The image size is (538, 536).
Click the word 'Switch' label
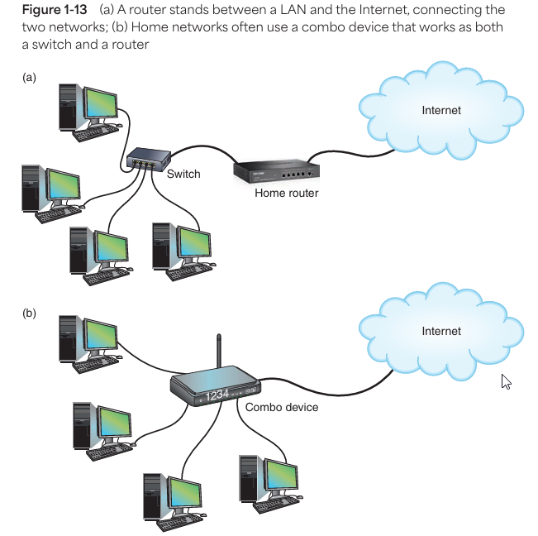183,175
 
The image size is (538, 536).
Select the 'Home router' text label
287,193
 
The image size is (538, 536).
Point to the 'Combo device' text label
282,407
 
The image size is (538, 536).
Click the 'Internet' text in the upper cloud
441,110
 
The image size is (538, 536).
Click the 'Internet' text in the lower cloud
441,331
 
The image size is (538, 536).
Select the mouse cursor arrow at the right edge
506,380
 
